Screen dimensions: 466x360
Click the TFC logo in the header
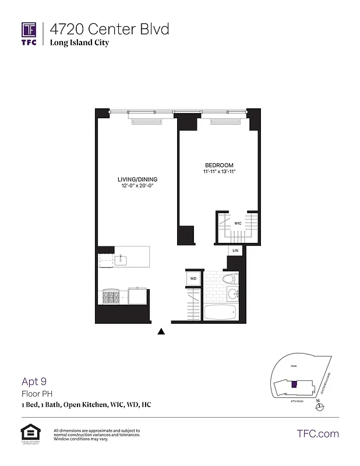[x=29, y=33]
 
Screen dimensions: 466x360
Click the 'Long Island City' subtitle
[x=79, y=43]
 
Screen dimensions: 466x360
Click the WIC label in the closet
[x=238, y=223]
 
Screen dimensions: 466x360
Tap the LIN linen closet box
[x=235, y=250]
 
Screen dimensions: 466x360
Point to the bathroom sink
[x=231, y=294]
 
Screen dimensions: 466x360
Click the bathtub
[x=220, y=312]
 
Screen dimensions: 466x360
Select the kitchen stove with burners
[x=111, y=297]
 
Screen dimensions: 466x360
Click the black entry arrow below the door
[x=162, y=331]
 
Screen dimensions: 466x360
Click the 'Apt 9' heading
[x=34, y=382]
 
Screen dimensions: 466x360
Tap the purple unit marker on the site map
[x=294, y=384]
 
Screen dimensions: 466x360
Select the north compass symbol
[x=318, y=407]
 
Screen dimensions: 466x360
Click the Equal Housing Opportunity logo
[x=29, y=433]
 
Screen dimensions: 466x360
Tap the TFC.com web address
[x=317, y=433]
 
